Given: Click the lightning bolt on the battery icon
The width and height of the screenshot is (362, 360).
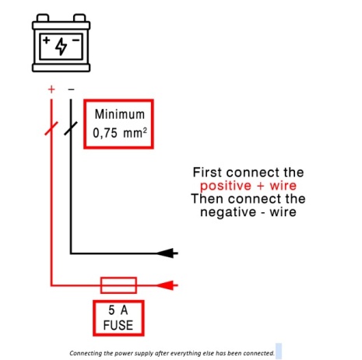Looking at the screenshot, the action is pos(62,47).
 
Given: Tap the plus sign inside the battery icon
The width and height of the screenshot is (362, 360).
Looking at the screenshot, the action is pos(47,40).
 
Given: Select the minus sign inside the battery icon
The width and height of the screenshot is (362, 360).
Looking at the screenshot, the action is pos(76,40).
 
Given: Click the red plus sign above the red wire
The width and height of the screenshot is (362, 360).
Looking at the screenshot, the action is pos(51,89).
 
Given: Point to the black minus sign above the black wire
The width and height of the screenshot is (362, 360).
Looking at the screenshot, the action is pos(71,89).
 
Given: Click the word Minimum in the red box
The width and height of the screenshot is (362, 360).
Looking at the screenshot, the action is pos(120,114).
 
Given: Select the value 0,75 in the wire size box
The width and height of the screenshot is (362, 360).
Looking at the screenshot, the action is pos(105,133).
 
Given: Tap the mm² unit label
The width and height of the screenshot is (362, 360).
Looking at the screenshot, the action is pos(135,133).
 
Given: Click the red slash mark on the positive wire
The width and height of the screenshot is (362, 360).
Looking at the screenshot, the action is pos(51,128).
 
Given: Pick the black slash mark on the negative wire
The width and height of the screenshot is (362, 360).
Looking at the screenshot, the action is pos(71,128).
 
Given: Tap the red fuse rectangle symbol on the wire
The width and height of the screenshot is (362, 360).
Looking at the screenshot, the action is pos(118,285).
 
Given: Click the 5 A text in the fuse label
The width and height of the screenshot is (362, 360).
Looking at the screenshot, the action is pos(118,310).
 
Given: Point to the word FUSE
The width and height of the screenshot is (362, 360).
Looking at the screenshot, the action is pos(118,325).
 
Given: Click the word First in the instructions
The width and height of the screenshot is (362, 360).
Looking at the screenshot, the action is pos(207,173).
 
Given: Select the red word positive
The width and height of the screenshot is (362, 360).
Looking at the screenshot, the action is pos(226,186).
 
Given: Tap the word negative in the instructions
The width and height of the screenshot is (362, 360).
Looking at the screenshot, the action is pos(228,212).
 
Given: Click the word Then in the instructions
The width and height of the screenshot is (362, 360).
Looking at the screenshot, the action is pos(207,199).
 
